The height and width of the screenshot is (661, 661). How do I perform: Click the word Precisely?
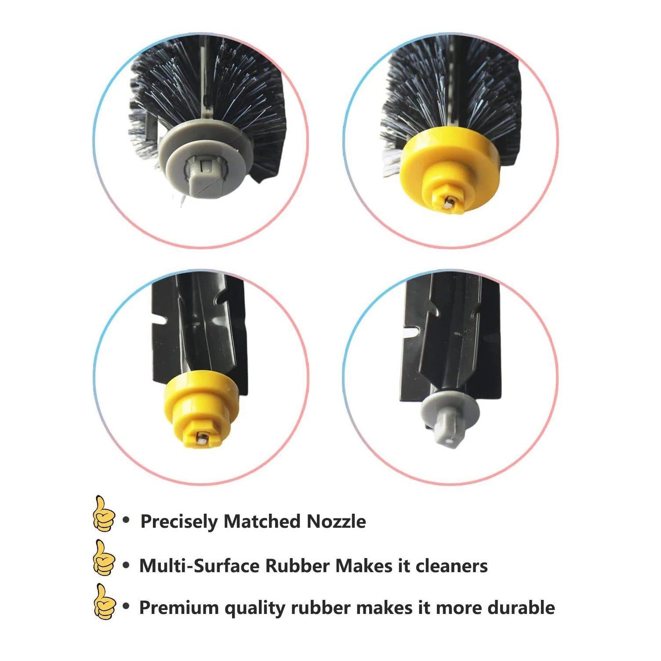pos(179,522)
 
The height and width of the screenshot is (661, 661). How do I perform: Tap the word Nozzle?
pos(336,521)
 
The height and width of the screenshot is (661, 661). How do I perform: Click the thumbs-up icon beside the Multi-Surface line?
pos(104,557)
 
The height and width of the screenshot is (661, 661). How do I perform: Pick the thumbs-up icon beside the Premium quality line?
pos(104,601)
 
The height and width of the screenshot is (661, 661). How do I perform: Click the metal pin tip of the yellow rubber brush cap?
pos(201,438)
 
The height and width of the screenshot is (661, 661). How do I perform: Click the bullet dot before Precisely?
pos(127,520)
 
